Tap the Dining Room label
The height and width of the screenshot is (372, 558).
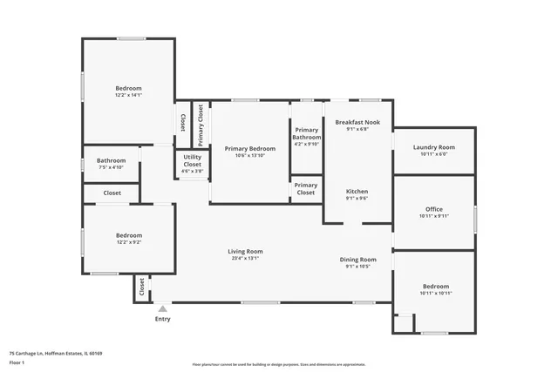(x=357, y=259)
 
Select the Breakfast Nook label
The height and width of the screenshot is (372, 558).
(x=357, y=122)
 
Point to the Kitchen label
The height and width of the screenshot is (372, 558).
(x=357, y=191)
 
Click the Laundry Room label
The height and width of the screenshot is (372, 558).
(x=433, y=147)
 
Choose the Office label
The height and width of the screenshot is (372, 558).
(x=433, y=209)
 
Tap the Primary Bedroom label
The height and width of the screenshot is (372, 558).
(x=249, y=148)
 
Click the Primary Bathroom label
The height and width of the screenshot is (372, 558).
(x=306, y=133)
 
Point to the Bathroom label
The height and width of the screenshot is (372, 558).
(x=111, y=160)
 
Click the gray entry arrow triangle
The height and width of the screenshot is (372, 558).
(x=162, y=308)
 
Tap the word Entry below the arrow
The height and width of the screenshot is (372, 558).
(x=163, y=319)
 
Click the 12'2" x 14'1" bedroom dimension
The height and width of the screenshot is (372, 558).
(x=129, y=95)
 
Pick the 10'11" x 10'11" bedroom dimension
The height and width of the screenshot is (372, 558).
(x=436, y=294)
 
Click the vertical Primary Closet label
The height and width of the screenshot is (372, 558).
(x=201, y=123)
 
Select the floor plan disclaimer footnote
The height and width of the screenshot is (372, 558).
(x=278, y=364)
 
